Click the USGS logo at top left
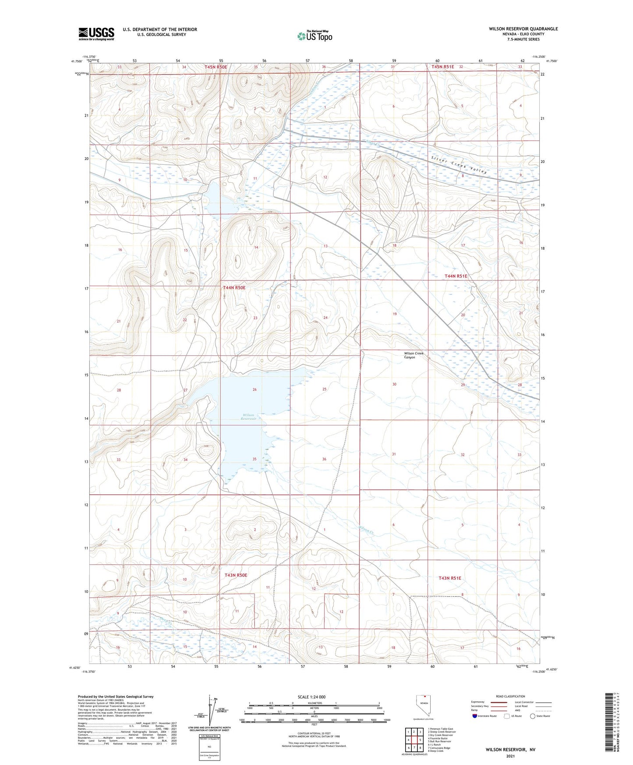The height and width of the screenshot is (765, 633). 96,34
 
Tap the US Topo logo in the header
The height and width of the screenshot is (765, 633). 314,36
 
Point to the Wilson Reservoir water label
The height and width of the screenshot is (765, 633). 248,417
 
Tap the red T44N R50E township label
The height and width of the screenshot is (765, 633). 234,288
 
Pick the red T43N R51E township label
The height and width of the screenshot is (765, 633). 449,578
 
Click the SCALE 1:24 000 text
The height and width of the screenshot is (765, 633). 311,697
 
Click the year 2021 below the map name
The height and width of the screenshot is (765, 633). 510,756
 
